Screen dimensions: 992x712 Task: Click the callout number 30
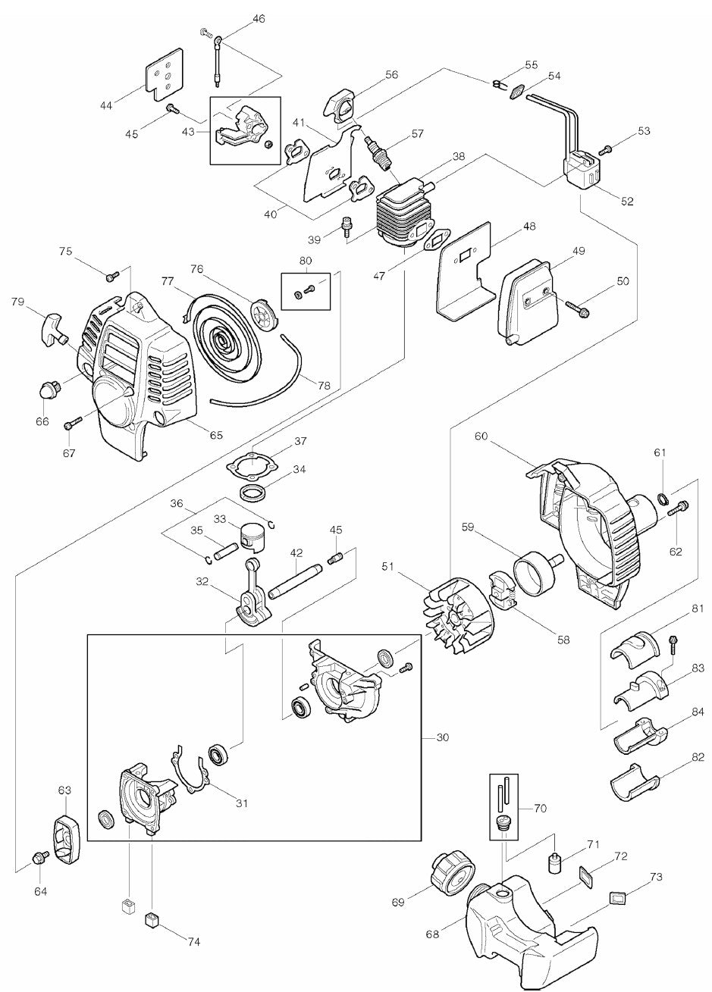click(442, 737)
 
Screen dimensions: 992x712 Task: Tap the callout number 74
click(193, 941)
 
